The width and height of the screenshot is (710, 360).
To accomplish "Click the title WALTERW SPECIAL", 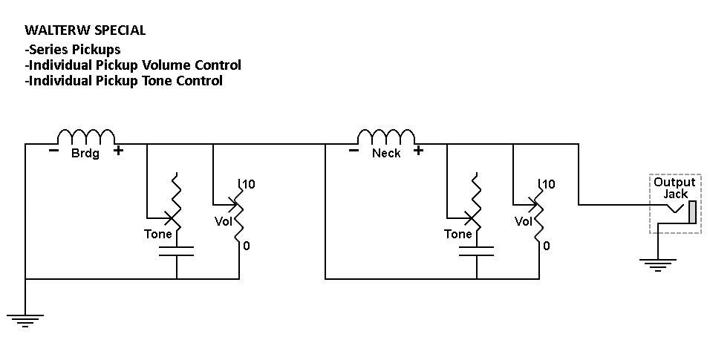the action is click(85, 30).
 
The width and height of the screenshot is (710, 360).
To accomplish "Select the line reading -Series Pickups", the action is click(73, 49).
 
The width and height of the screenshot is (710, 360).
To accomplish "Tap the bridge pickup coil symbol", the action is click(86, 136).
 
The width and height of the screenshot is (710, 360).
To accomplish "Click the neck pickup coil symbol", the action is click(385, 136).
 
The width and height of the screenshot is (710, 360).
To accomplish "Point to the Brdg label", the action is click(85, 153).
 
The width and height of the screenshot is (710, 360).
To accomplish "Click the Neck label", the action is click(386, 153).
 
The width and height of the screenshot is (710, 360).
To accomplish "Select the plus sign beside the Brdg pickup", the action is click(118, 151).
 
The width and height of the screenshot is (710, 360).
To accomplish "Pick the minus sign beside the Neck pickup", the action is click(354, 151).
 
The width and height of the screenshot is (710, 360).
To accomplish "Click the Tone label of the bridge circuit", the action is click(158, 234).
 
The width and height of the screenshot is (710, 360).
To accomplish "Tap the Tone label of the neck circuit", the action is click(458, 234).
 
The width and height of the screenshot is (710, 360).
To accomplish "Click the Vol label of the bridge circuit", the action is click(224, 221).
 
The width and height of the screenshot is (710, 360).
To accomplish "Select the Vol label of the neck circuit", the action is click(524, 221).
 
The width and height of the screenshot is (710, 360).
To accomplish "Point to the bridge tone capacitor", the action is click(176, 252).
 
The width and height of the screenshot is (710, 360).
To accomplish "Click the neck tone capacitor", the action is click(476, 252).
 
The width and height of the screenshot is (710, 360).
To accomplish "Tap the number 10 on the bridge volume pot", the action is click(249, 184).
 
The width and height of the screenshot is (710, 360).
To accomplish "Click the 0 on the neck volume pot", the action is click(547, 246).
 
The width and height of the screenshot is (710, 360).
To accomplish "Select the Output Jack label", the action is click(674, 188).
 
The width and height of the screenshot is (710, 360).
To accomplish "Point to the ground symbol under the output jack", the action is click(657, 264).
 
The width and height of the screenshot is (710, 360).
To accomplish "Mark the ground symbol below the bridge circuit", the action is click(25, 321).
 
